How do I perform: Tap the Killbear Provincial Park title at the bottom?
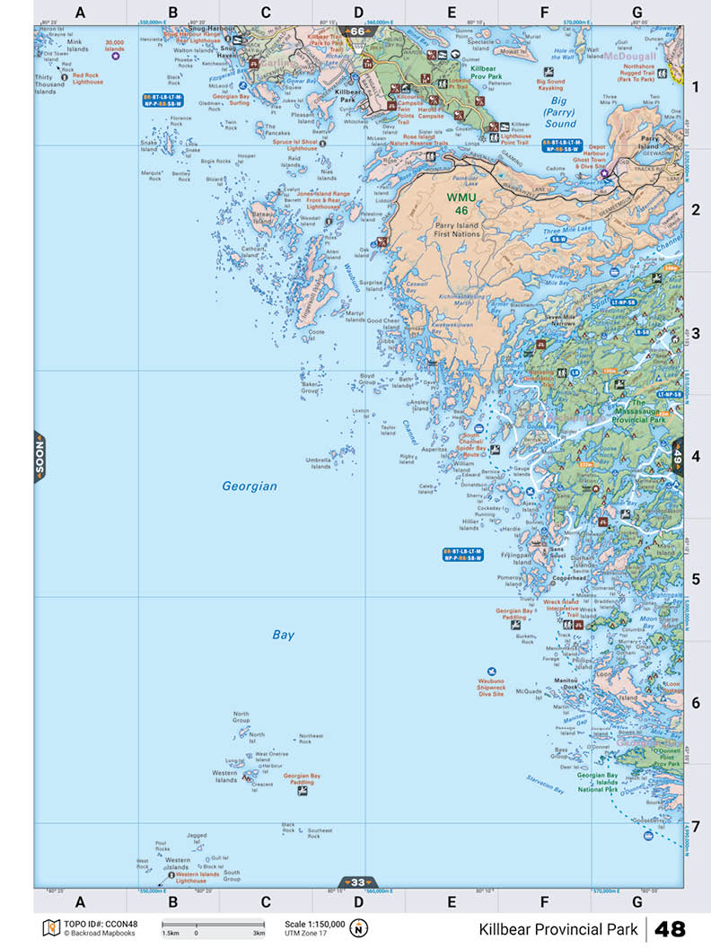(x=557, y=928)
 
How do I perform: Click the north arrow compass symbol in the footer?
(x=359, y=927)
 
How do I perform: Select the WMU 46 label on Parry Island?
(x=464, y=202)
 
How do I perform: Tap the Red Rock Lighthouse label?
(x=87, y=78)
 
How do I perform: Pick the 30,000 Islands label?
(x=115, y=44)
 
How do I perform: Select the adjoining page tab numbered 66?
(x=358, y=31)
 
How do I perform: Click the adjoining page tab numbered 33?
(x=358, y=882)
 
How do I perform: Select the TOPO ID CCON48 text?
(x=88, y=924)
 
